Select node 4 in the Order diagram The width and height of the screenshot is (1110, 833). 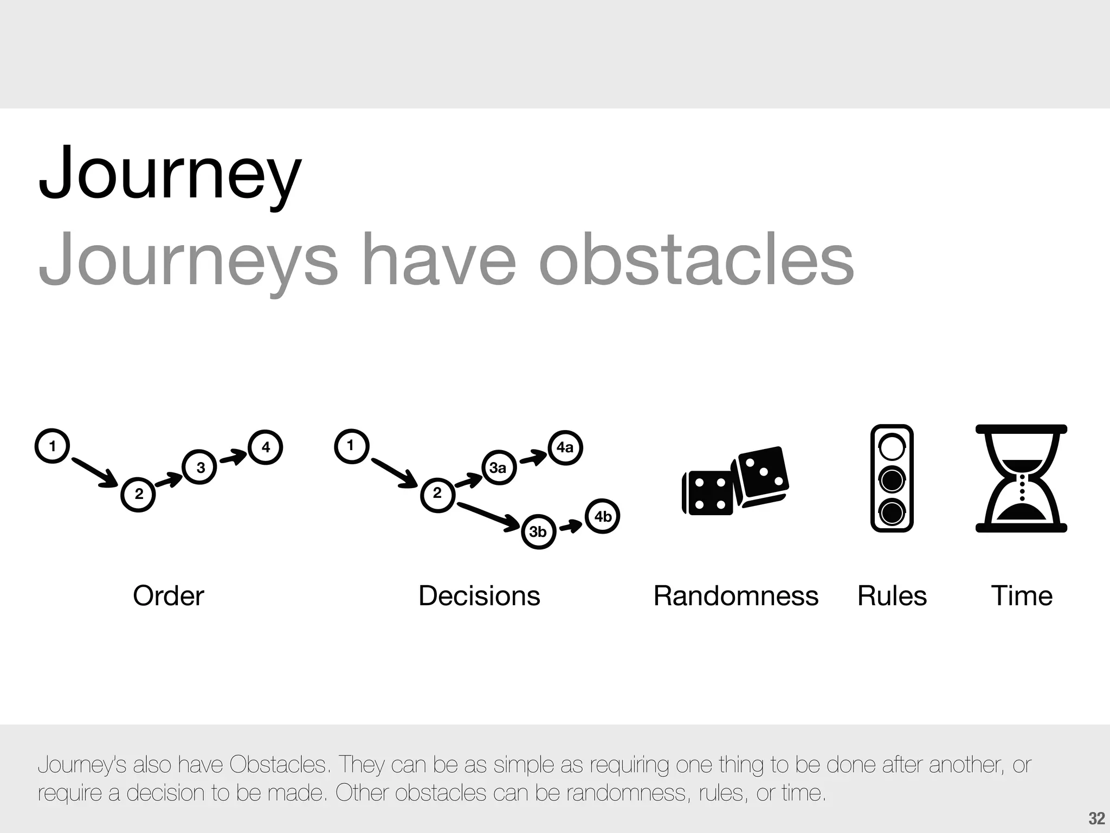265,447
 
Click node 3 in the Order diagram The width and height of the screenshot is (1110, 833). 200,467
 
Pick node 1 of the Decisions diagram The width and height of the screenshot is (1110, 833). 351,446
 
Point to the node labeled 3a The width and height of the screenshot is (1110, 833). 498,467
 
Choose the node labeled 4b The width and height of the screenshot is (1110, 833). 602,516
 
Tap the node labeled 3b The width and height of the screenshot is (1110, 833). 538,531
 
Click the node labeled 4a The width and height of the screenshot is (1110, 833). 565,447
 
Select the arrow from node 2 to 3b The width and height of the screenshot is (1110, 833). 488,516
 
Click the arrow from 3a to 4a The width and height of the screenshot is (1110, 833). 533,458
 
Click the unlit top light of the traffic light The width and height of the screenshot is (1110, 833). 892,447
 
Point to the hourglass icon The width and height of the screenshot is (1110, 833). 1021,478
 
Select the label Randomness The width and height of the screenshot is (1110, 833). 735,595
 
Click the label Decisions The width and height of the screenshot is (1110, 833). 479,595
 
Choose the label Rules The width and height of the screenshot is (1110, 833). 892,595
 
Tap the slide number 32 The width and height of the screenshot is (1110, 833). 1096,818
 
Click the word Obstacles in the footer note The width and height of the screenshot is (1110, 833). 278,765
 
